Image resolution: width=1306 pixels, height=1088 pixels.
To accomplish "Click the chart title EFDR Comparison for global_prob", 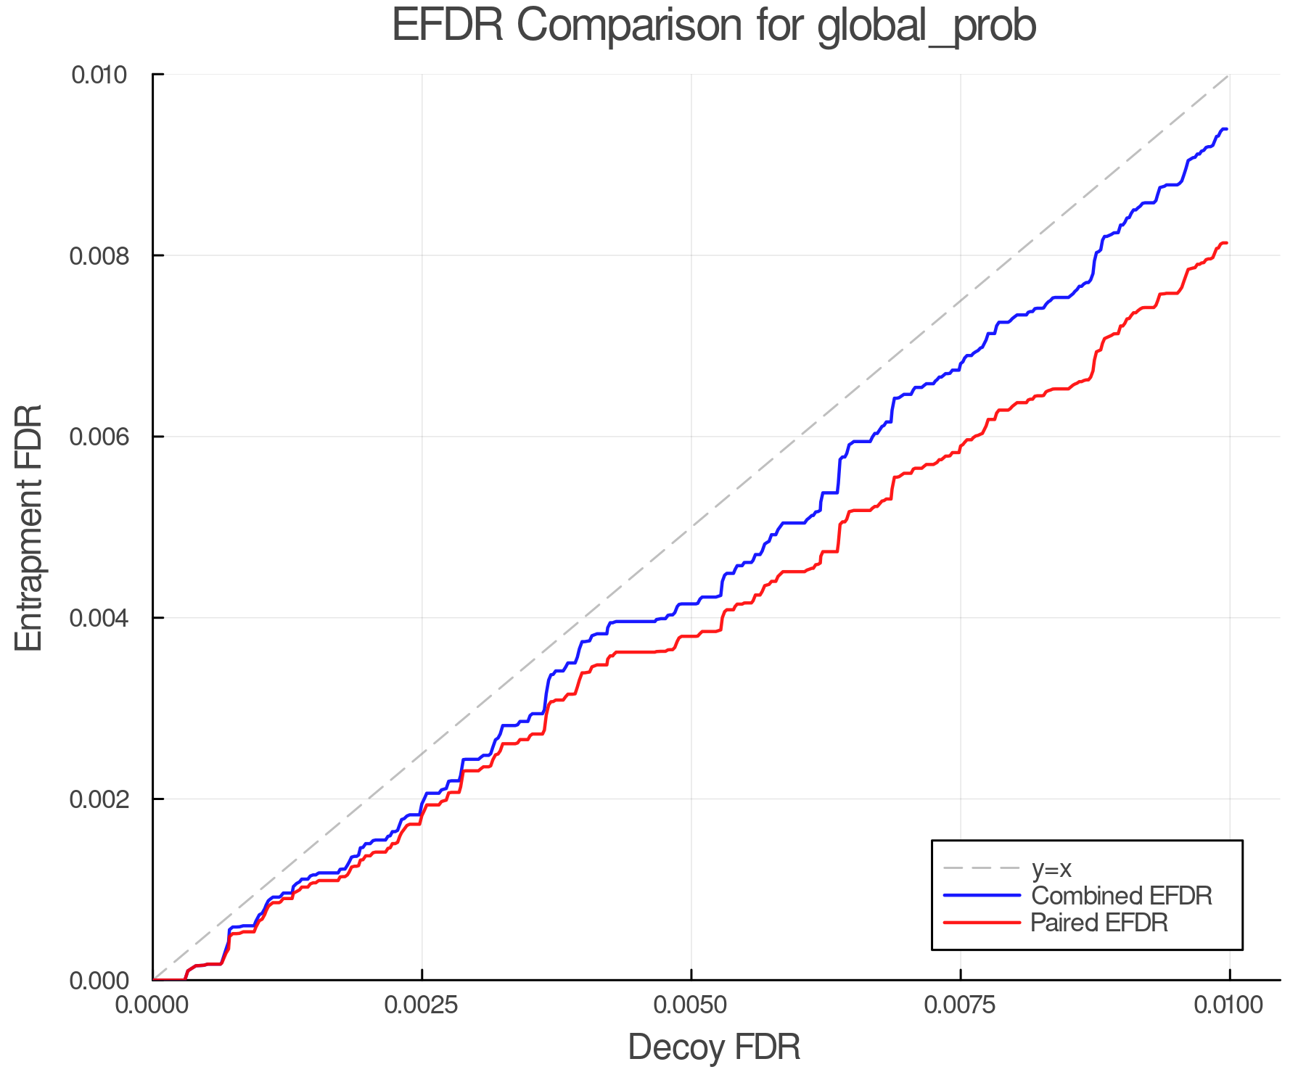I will point(714,26).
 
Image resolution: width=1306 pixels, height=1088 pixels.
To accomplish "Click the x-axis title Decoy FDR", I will point(714,1047).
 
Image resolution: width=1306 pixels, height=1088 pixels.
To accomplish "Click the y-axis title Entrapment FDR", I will point(29,527).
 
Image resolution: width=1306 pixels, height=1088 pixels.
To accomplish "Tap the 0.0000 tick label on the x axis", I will point(153,1005).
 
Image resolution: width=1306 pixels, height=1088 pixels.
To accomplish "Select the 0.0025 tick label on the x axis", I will point(422,1005).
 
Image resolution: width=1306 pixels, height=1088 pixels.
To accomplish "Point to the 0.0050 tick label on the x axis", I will point(691,1005).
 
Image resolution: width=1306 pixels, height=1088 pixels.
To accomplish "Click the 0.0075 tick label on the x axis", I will point(960,1005).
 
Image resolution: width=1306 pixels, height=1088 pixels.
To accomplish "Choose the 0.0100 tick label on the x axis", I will point(1228,1005).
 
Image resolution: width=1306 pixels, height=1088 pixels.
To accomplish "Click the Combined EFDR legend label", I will point(1121,896).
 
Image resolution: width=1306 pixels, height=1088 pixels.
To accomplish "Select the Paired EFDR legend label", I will point(1099,923).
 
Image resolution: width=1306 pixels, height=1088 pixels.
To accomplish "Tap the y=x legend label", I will point(1051,868).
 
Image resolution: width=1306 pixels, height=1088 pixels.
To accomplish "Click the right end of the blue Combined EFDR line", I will point(1226,129).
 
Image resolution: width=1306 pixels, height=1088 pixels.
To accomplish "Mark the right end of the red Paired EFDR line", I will point(1226,243).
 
